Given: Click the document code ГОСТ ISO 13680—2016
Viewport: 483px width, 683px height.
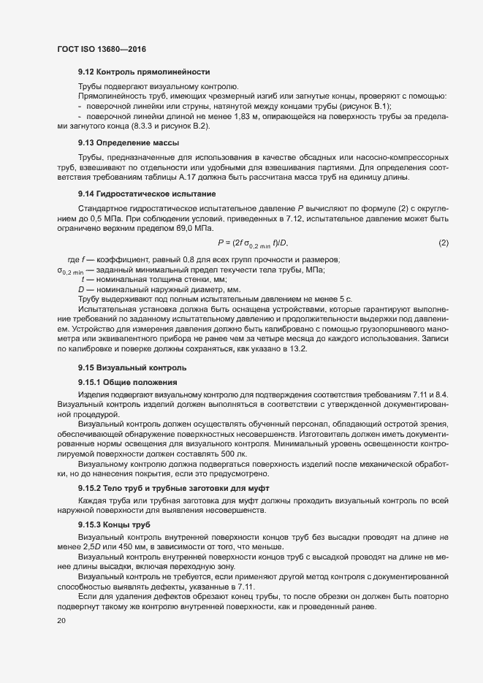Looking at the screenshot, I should coord(104,48).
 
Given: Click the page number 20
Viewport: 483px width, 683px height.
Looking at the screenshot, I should coord(61,621).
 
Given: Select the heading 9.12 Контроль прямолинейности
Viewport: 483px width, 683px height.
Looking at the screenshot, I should coord(144,72).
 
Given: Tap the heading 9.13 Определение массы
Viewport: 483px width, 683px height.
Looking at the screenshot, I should coord(129,142).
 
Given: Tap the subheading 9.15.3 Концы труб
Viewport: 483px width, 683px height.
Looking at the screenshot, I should coord(114,524).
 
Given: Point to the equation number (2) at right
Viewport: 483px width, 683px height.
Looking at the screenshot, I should coord(443,243).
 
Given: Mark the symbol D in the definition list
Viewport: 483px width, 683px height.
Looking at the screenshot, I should coord(82,290).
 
